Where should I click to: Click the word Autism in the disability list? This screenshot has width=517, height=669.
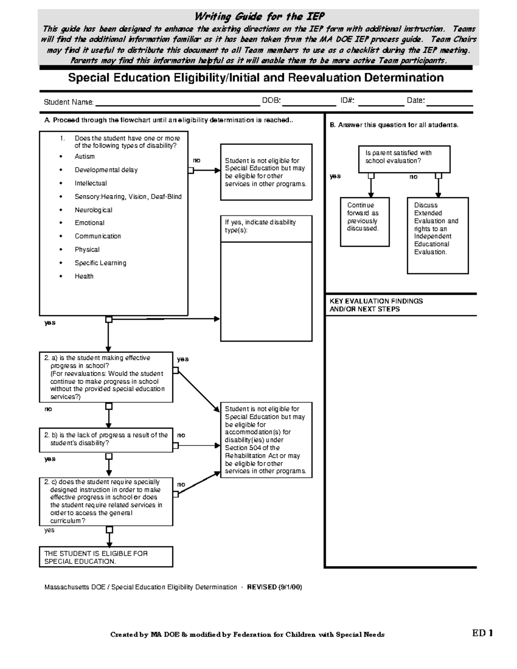(84, 157)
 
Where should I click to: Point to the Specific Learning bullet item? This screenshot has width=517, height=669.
(100, 263)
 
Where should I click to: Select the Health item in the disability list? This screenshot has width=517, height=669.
(84, 277)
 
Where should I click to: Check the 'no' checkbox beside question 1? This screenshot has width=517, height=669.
(190, 171)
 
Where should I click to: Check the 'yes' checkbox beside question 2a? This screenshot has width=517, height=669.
(176, 370)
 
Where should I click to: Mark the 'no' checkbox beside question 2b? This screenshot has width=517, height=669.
(176, 446)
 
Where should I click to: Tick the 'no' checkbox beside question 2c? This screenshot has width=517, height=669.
(176, 494)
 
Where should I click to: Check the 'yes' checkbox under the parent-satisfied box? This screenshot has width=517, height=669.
(371, 176)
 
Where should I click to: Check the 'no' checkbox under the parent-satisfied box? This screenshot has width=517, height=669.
(438, 176)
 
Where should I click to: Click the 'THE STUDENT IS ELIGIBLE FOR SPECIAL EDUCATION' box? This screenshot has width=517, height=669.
(106, 557)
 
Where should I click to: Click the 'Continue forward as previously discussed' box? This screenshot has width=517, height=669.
(364, 222)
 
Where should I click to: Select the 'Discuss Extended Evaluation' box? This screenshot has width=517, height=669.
(437, 235)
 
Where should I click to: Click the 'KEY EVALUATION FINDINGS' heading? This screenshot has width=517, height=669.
(376, 305)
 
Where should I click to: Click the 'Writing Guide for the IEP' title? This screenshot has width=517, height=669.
(259, 17)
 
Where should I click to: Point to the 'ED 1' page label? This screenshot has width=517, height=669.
(482, 633)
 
